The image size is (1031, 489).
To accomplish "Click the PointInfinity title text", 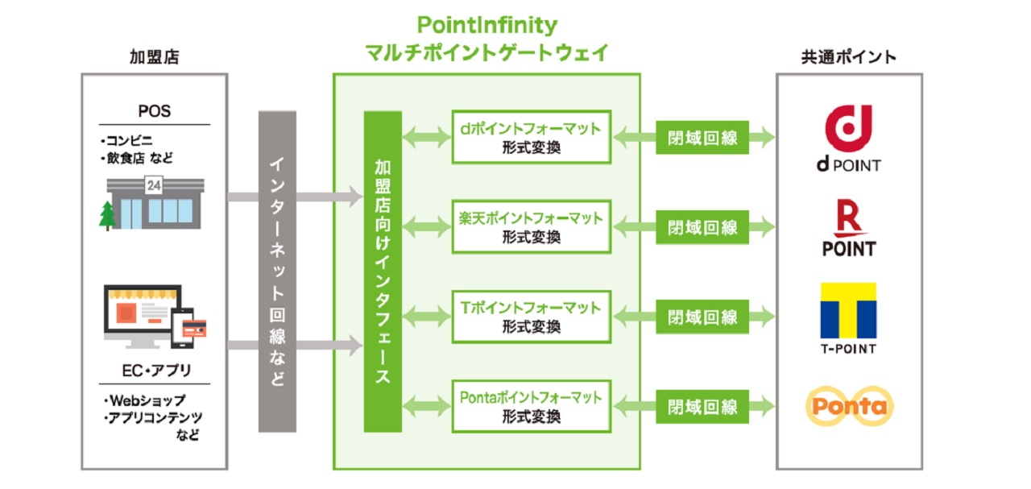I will pos(487,25).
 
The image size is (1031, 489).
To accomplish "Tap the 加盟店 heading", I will pos(154,56).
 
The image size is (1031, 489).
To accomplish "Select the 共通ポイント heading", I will pos(848,56).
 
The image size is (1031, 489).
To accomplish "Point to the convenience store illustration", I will pos(155,203).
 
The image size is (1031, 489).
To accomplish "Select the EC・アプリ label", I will pos(154,371).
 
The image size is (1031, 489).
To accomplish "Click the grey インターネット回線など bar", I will pos(277,271).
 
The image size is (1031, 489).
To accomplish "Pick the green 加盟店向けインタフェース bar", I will pos(383,271).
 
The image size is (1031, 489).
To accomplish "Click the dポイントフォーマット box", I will pos(531,137).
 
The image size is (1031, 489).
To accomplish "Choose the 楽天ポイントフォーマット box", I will pos(531,227).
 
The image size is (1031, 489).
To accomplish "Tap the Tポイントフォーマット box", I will pos(531,317).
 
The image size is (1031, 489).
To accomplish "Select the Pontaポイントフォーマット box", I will pos(531,407).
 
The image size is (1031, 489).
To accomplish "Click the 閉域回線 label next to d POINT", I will pos(702,138).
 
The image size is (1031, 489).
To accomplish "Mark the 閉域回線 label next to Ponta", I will pos(702,407).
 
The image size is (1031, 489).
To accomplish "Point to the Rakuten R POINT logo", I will pos(848,229).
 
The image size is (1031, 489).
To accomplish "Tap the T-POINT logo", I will pos(848,318).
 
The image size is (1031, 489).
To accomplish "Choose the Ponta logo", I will pos(849,406).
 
